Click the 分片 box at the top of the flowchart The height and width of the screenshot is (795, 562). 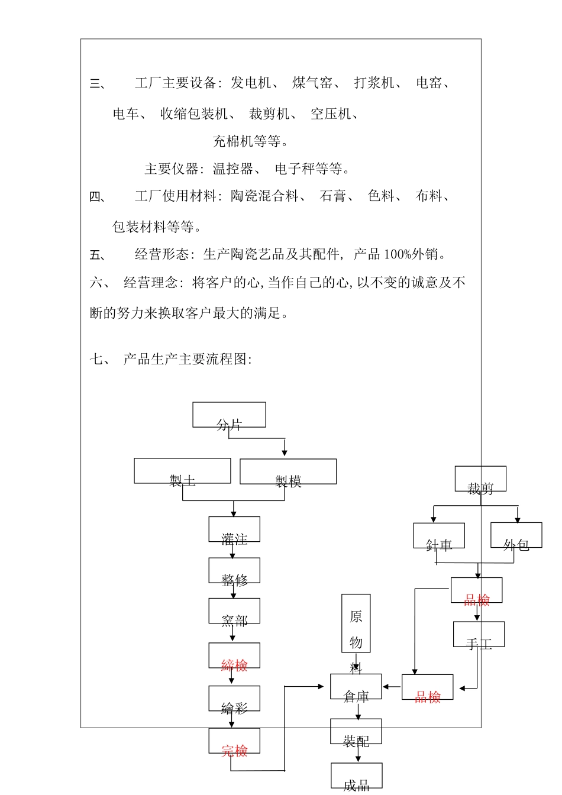pos(229,415)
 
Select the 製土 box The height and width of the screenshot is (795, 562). pos(182,471)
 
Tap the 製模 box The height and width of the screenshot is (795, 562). pos(288,471)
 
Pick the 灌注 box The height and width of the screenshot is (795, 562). pos(234,529)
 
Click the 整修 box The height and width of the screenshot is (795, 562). pos(234,571)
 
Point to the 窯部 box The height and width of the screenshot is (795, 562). pos(234,611)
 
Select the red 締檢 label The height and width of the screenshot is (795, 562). pos(234,665)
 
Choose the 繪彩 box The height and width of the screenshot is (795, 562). pos(234,699)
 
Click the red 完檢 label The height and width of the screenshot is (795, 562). pos(234,751)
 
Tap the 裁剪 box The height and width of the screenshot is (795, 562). pos(480,479)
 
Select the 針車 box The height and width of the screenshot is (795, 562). pos(439,536)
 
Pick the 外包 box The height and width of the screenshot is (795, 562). pos(516,535)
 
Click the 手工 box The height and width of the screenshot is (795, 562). pos(479,634)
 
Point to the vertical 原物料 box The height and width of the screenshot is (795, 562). pos(356,623)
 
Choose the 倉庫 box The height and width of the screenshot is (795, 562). pos(356,687)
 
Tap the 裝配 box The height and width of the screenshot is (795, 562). pos(356,732)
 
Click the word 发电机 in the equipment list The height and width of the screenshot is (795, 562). pos(251,83)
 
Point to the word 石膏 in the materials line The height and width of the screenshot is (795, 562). pos(332,196)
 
